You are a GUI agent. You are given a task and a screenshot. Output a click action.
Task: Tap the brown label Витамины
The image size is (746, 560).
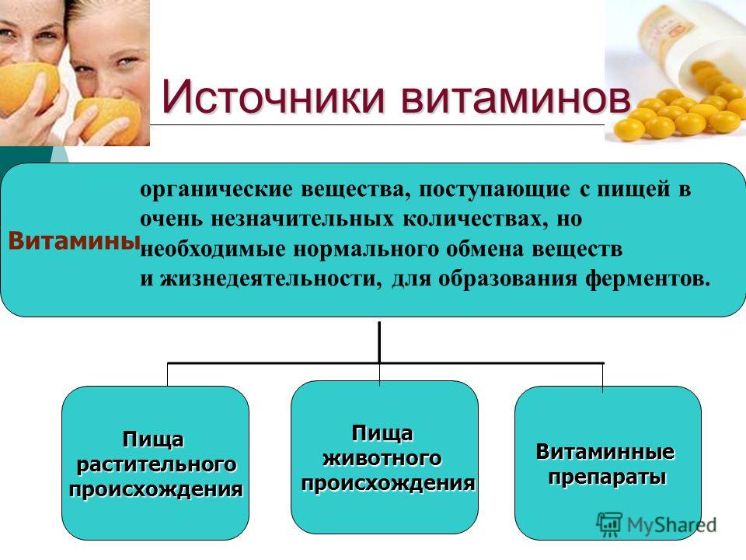(x=75, y=240)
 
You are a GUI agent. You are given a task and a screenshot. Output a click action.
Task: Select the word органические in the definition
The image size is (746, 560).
(x=217, y=190)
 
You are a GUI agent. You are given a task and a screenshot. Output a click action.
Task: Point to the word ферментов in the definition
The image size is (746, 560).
(x=647, y=278)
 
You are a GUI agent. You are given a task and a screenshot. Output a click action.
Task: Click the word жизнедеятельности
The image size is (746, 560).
(x=270, y=278)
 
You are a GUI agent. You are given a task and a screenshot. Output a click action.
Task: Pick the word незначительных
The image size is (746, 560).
(x=302, y=219)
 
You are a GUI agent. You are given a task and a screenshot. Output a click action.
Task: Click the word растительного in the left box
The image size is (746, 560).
(x=156, y=465)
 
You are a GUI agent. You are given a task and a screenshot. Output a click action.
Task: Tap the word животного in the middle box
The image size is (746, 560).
(x=382, y=458)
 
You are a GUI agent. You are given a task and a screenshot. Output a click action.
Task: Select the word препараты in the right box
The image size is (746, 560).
(x=607, y=477)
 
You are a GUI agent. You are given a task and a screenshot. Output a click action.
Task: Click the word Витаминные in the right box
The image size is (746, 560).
(x=605, y=451)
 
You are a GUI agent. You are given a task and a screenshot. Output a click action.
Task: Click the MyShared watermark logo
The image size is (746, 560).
(x=657, y=525)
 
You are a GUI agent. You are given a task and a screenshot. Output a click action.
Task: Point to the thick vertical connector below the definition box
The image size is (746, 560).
(x=379, y=342)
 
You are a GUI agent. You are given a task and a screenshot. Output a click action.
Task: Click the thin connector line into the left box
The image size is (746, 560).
(x=168, y=375)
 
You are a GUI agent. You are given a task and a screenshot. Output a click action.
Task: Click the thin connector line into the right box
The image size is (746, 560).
(x=603, y=377)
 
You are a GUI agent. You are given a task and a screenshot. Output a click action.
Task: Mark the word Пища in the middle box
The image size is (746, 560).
(x=382, y=434)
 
